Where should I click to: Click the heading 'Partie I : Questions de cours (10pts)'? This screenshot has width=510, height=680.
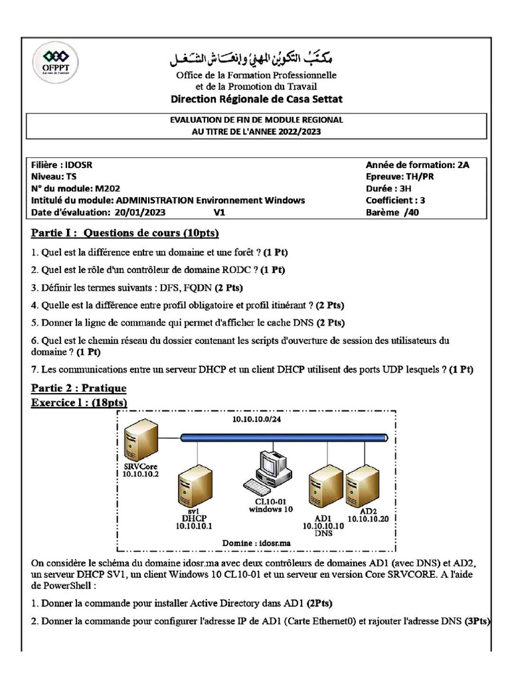click(125, 234)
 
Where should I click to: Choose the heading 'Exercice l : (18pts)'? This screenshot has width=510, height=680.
click(79, 403)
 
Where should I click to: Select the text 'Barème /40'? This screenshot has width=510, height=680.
click(392, 212)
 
